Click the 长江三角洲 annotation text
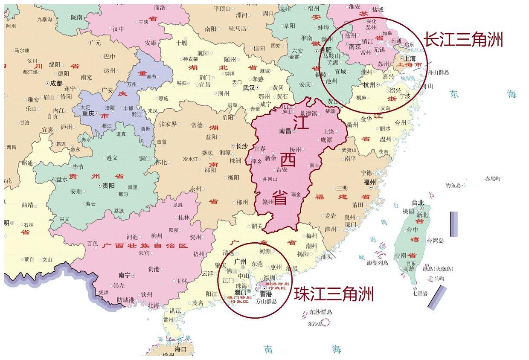point(463,40)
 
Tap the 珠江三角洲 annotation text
point(334,294)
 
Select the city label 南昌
point(285,131)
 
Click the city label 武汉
point(249,88)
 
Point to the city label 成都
point(56,84)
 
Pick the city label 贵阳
point(108,186)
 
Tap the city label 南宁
point(125,276)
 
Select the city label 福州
point(369,182)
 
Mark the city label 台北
point(418,203)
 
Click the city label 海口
point(180,349)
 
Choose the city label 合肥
point(325,49)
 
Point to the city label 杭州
point(369,85)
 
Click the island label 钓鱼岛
point(453,185)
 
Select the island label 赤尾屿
point(492,179)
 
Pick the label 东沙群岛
point(321,312)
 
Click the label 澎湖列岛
point(378,263)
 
